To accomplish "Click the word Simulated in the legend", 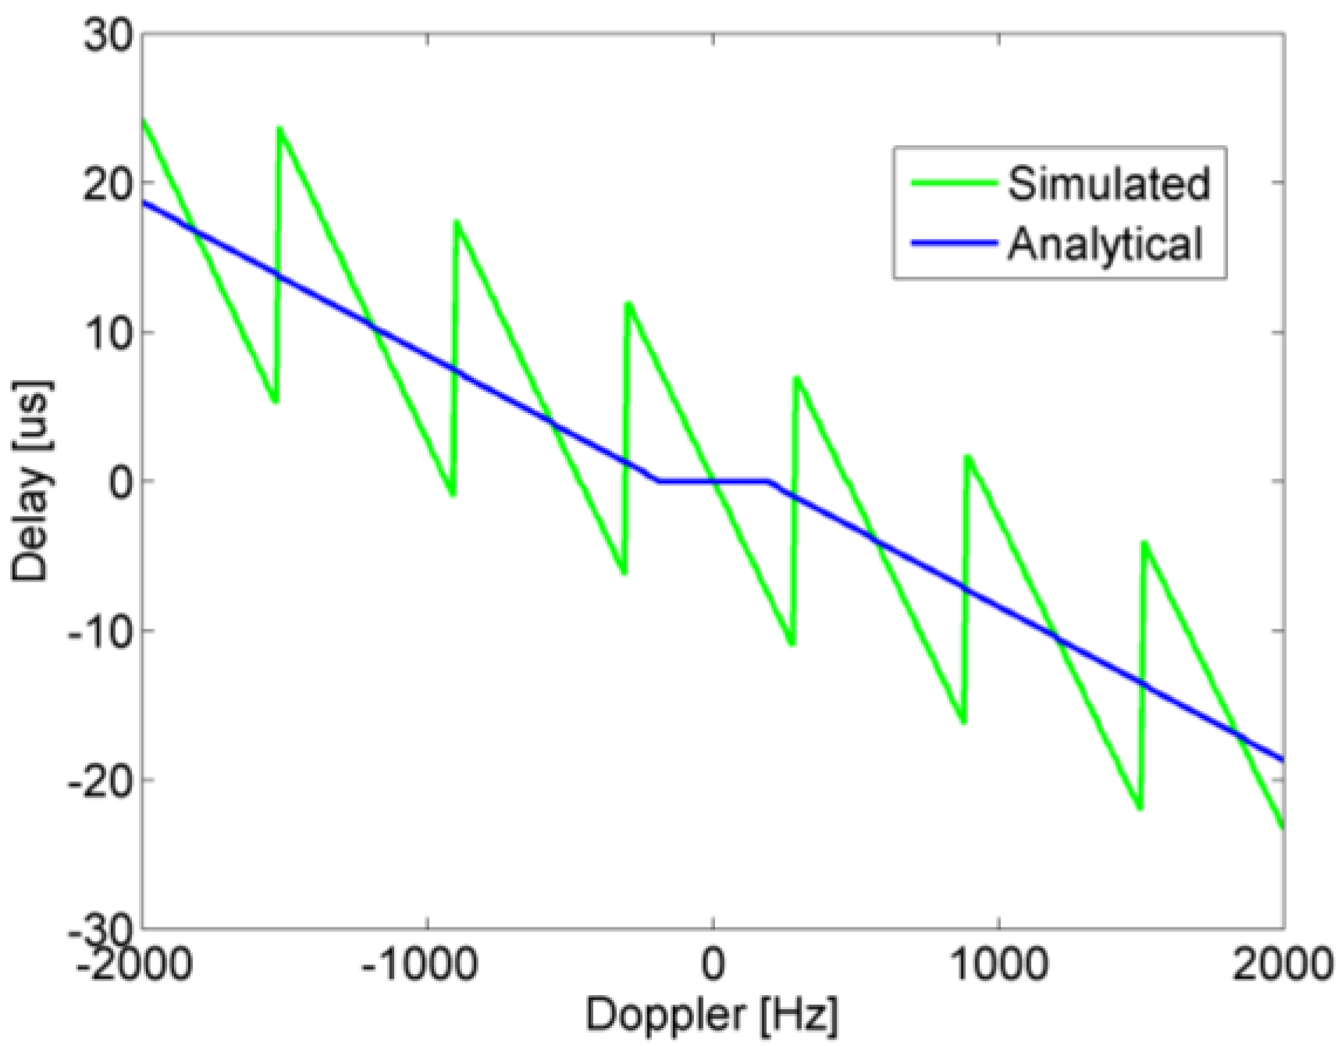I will tap(1108, 183).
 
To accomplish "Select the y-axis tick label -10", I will tap(98, 631).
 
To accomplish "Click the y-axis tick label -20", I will tap(98, 780).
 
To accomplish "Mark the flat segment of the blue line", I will tap(713, 482).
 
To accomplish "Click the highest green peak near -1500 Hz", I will tap(279, 128).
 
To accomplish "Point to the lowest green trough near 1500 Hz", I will tap(1140, 809).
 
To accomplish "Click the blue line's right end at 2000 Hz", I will tap(1282, 759).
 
